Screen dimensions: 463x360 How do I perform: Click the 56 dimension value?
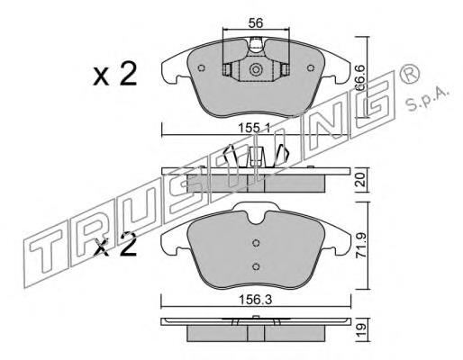click(256, 23)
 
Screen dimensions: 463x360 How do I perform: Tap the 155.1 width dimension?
click(254, 129)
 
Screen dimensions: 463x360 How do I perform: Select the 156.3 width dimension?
click(256, 300)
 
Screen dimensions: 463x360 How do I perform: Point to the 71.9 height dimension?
click(361, 246)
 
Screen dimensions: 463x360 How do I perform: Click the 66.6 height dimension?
click(361, 77)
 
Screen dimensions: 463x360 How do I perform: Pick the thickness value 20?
click(361, 179)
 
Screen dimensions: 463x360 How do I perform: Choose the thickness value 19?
click(361, 329)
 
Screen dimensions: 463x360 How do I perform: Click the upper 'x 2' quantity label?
click(115, 74)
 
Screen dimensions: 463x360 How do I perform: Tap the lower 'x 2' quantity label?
click(115, 245)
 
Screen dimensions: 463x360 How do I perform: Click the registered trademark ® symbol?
click(409, 74)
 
